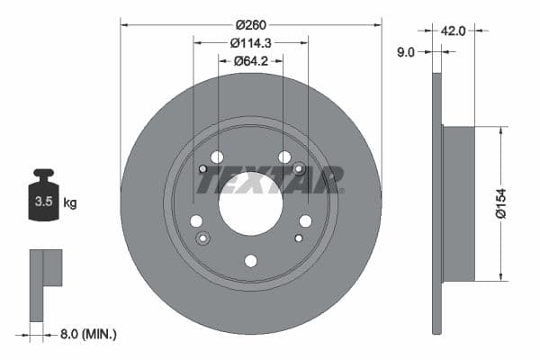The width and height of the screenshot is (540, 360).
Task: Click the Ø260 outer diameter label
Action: tap(250, 24)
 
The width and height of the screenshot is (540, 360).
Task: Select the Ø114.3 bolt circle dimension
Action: tap(250, 42)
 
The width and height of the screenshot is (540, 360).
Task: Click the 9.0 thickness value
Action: tap(405, 52)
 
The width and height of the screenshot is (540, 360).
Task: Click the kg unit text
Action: tap(70, 203)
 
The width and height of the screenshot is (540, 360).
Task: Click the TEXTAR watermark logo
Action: tap(269, 181)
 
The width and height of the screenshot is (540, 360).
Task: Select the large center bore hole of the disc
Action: tap(250, 199)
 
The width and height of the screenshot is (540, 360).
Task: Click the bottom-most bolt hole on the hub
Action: tap(250, 261)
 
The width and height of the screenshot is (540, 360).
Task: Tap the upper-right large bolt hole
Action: tap(284, 157)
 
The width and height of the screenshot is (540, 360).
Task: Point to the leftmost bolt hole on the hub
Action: tap(195, 221)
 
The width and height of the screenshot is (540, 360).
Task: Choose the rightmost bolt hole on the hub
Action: tap(305, 221)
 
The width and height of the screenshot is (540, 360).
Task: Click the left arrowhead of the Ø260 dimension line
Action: tap(124, 24)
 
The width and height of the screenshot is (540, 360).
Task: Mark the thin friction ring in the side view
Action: tap(437, 202)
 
